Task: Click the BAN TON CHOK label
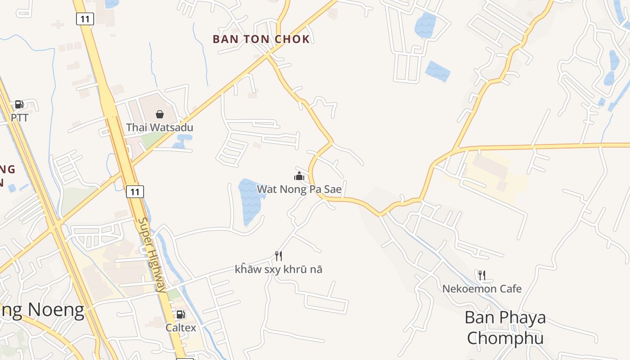point(261,39)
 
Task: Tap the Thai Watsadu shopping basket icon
point(159,114)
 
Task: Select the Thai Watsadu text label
point(159,127)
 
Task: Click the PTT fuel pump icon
point(19,105)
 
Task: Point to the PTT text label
point(19,118)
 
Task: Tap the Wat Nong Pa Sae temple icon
point(299,176)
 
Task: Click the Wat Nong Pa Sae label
point(299,189)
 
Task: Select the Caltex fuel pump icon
point(180,315)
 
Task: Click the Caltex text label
point(181,328)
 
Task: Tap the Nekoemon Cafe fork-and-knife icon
point(481,275)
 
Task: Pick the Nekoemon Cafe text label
point(481,288)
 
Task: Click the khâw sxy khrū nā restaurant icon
point(279,256)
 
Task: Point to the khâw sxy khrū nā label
point(279,270)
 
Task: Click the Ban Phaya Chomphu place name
point(505,328)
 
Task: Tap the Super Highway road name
point(151,255)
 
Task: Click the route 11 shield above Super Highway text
point(135,192)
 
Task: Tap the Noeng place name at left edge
point(43,310)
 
